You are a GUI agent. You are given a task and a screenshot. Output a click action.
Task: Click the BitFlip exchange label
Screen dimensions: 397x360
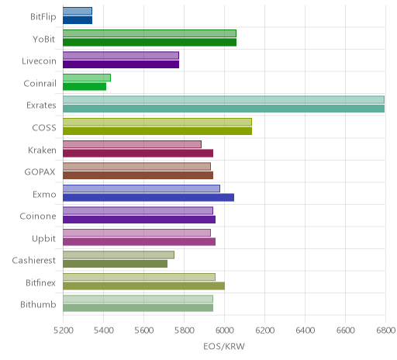pyautogui.click(x=43, y=17)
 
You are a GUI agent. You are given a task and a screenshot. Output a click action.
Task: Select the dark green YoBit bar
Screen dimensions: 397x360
pyautogui.click(x=150, y=43)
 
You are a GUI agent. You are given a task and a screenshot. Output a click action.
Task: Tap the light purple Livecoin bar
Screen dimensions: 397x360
pyautogui.click(x=121, y=56)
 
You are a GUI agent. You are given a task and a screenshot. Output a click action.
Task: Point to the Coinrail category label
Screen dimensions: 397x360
pyautogui.click(x=40, y=83)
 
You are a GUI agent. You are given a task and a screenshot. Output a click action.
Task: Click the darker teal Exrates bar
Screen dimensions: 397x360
pyautogui.click(x=224, y=109)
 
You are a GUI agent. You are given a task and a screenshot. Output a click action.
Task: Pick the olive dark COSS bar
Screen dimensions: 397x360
pyautogui.click(x=157, y=131)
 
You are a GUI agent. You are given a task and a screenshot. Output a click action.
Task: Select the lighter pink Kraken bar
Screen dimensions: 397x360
pyautogui.click(x=132, y=144)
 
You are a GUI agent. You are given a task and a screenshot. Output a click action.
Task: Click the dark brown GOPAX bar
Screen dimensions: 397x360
pyautogui.click(x=138, y=175)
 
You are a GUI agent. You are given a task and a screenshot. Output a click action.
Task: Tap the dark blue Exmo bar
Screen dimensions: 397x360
pyautogui.click(x=149, y=197)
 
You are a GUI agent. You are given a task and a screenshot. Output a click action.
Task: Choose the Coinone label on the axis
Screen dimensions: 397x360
pyautogui.click(x=38, y=216)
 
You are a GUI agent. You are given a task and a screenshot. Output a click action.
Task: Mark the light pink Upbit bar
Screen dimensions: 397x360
pyautogui.click(x=136, y=233)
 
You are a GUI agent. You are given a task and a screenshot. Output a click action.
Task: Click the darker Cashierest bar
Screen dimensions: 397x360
pyautogui.click(x=116, y=264)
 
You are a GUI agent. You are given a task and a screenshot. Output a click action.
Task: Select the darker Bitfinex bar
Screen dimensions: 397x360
pyautogui.click(x=144, y=286)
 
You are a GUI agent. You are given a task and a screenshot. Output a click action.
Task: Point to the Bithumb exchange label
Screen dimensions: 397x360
pyautogui.click(x=38, y=304)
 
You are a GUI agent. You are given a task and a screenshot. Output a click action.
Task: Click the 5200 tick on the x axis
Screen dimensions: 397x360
pyautogui.click(x=64, y=331)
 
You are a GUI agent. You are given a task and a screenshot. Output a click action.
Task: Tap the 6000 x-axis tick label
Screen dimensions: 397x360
pyautogui.click(x=225, y=331)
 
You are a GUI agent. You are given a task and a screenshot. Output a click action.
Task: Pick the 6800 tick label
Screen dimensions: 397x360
pyautogui.click(x=385, y=331)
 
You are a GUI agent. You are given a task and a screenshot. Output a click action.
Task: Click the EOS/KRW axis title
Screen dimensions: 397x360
pyautogui.click(x=224, y=346)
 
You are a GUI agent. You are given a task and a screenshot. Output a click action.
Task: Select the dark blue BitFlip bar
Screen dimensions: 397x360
pyautogui.click(x=78, y=20)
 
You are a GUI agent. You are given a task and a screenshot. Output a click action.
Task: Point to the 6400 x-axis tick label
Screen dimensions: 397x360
pyautogui.click(x=306, y=331)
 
